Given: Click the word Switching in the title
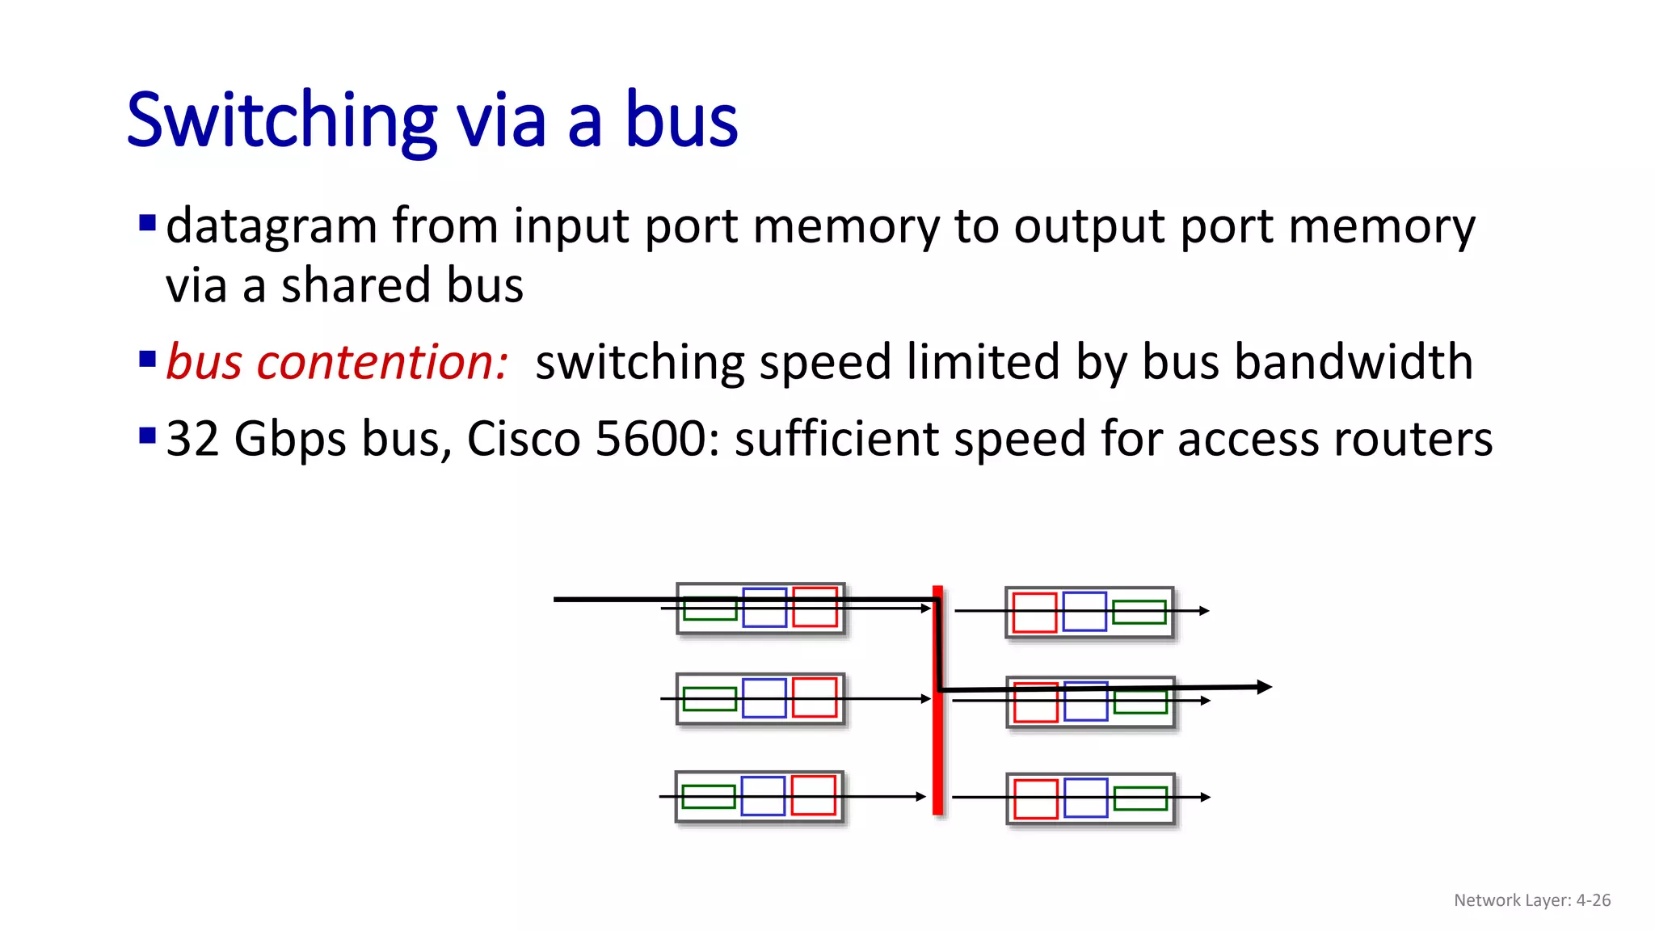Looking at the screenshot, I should [x=281, y=121].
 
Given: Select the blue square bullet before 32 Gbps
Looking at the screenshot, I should [x=147, y=436].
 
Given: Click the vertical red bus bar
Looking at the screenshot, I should [x=937, y=752].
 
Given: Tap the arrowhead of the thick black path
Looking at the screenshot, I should [x=1265, y=687].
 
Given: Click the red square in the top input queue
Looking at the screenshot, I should [x=815, y=608].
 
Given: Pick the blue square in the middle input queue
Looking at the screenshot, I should [x=764, y=698].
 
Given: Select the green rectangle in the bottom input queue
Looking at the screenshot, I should [x=709, y=797].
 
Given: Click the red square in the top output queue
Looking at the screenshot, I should [x=1034, y=612].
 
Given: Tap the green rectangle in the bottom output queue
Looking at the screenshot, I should [x=1140, y=798].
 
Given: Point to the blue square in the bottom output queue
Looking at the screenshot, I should [x=1085, y=798].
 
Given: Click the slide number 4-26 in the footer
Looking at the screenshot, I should [x=1593, y=900].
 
